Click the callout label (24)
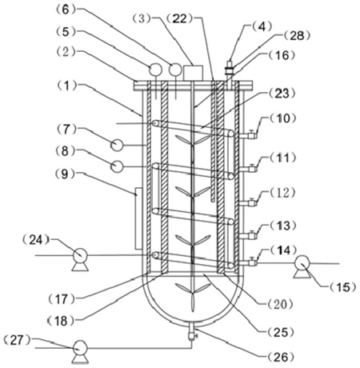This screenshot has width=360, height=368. (x=36, y=240)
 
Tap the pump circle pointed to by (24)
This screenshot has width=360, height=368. (x=80, y=255)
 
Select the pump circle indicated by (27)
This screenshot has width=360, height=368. (x=80, y=348)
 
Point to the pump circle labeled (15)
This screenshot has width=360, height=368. (x=302, y=262)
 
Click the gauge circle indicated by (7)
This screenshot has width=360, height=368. (x=117, y=146)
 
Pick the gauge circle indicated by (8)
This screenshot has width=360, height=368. (x=117, y=166)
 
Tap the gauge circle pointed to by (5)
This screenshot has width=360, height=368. (x=155, y=70)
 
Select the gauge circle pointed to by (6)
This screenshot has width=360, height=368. (x=174, y=70)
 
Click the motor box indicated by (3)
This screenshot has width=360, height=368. (x=194, y=73)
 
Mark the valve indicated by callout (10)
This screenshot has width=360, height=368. (x=251, y=135)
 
